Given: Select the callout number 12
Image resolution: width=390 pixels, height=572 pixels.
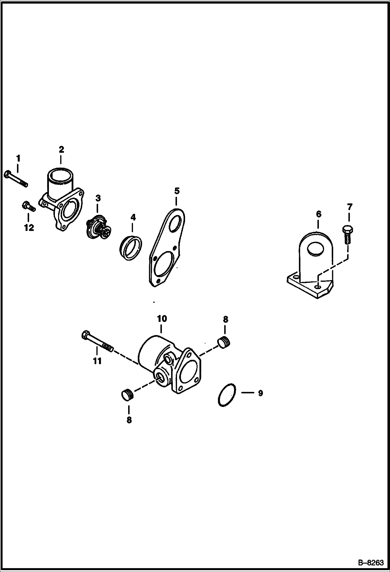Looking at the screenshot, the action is (29, 228).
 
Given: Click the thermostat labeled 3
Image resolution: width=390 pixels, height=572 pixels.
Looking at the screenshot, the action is (99, 227).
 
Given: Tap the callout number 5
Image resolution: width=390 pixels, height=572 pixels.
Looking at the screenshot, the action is (177, 191).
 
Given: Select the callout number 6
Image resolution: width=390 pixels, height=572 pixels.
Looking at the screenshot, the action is (319, 214).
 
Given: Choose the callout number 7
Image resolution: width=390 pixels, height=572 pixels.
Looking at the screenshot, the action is (349, 207).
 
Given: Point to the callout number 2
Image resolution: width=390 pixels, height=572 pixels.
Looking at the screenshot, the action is (61, 149).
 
